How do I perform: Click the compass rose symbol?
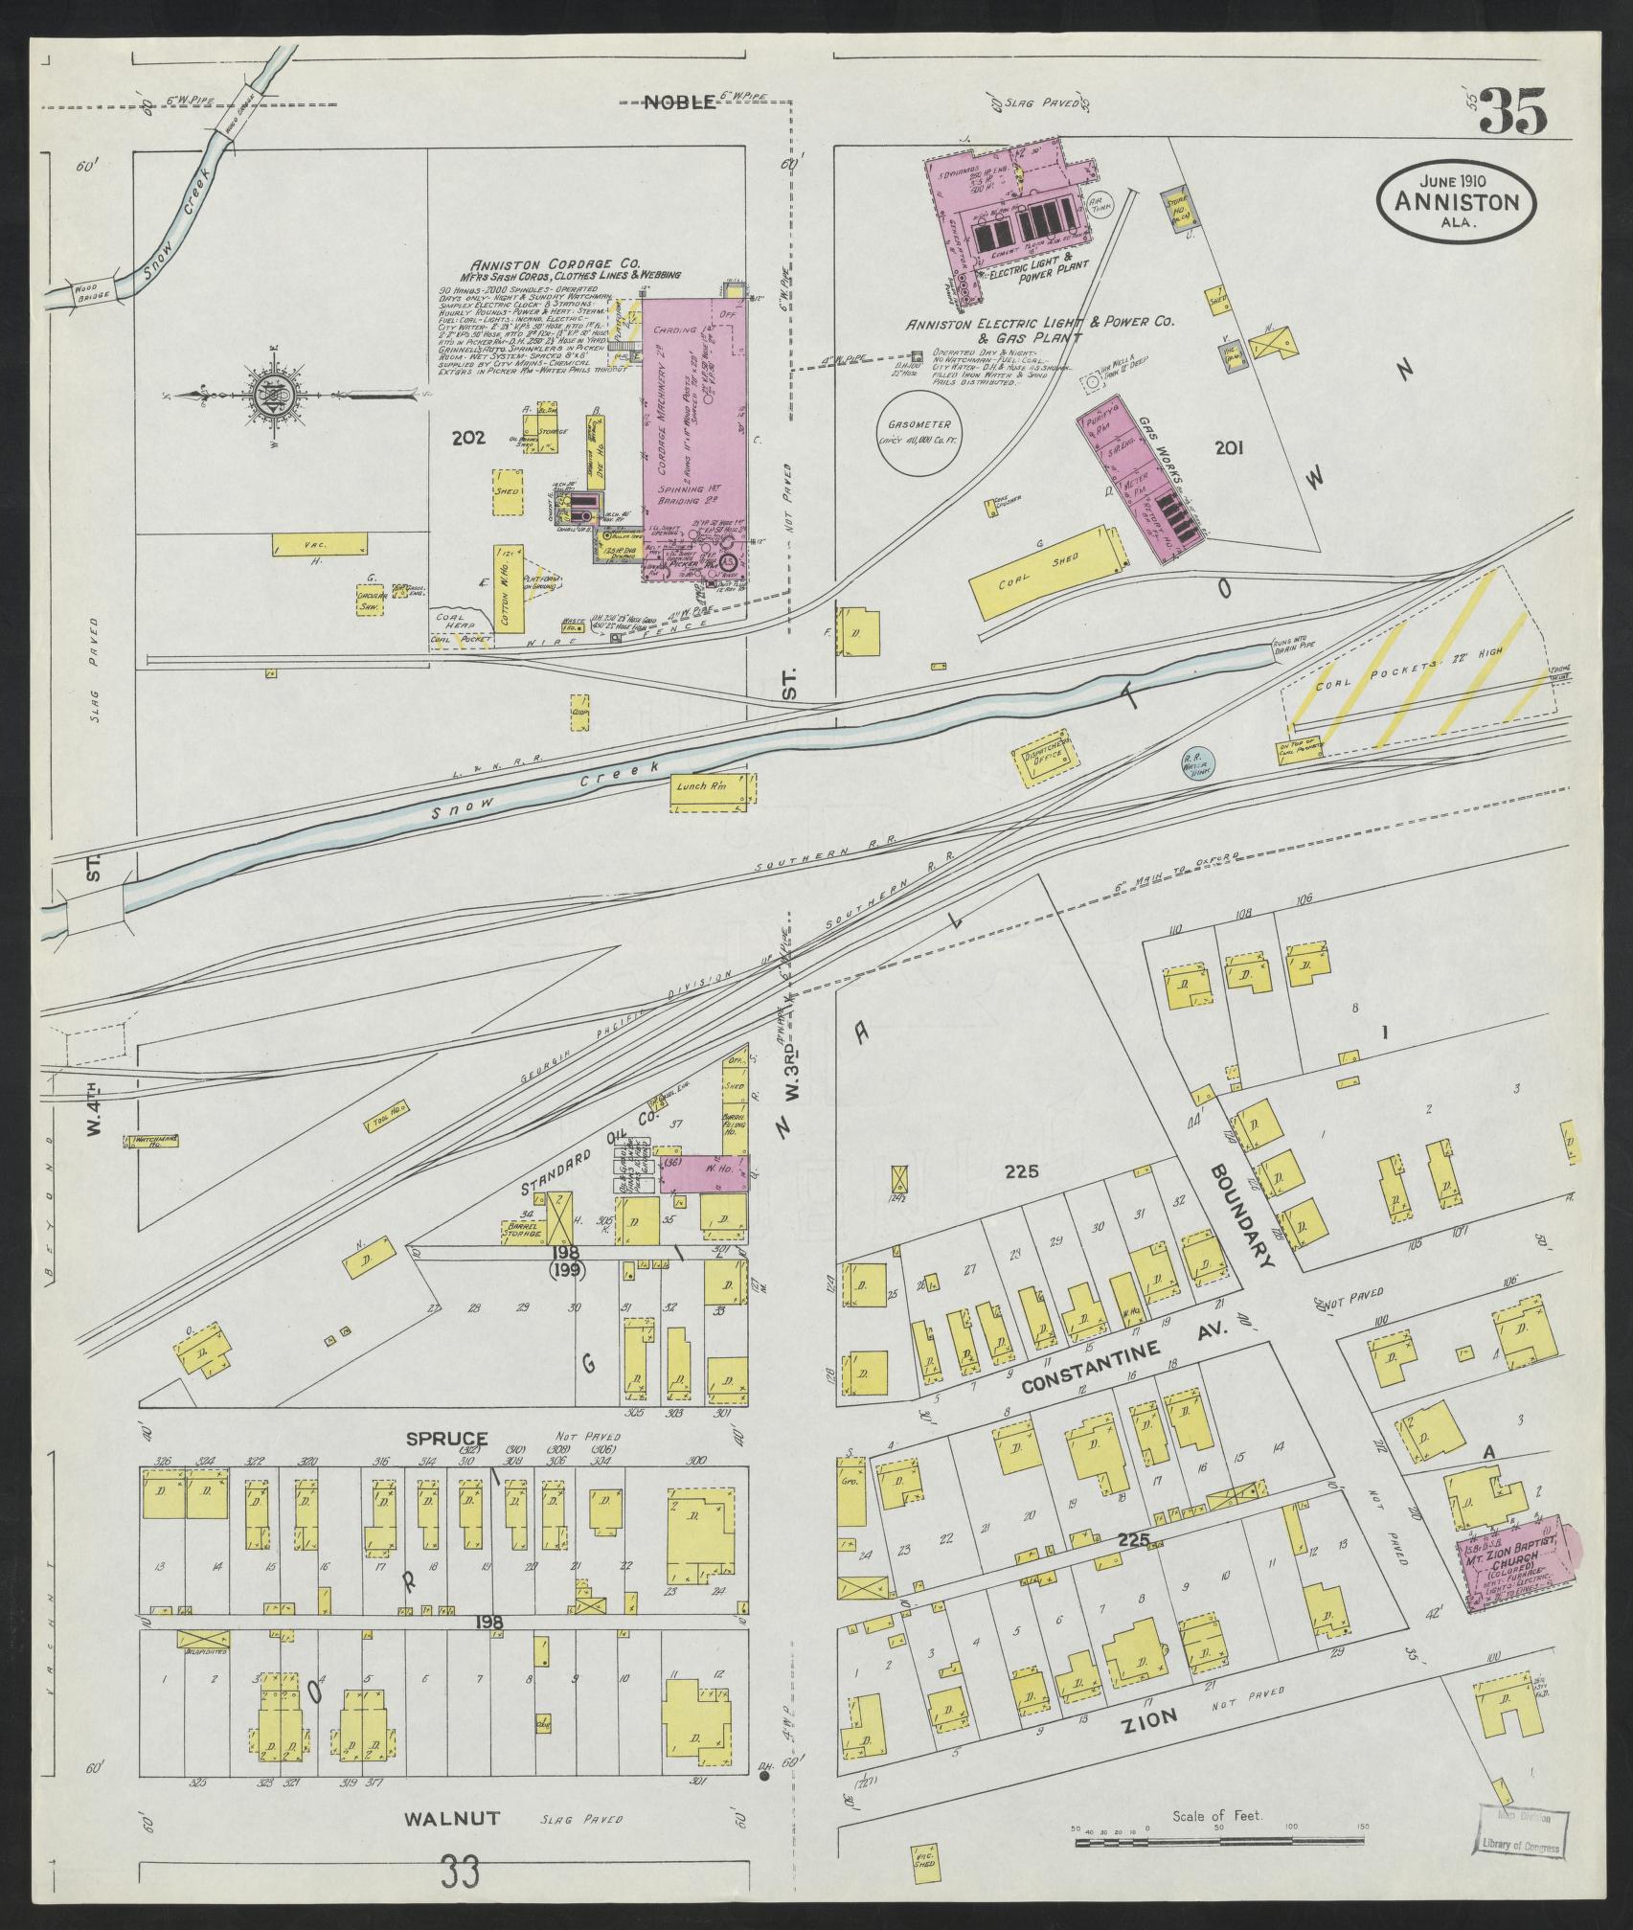pos(265,393)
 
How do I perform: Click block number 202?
pos(469,439)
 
